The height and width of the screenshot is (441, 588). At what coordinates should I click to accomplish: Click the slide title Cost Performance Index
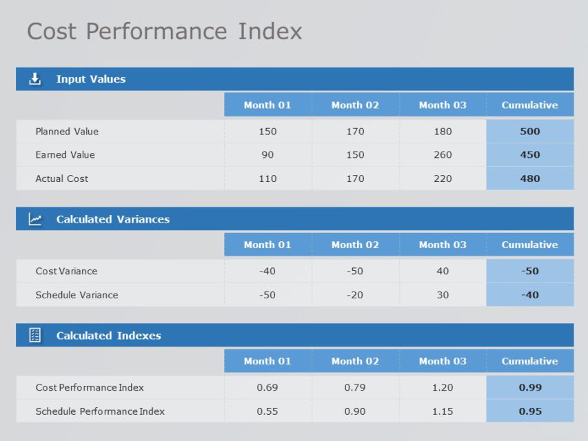(164, 31)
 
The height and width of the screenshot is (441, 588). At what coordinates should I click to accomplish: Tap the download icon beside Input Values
(35, 79)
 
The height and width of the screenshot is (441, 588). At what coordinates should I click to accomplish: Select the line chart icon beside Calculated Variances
(35, 219)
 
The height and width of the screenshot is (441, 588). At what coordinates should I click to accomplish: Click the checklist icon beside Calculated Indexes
(35, 336)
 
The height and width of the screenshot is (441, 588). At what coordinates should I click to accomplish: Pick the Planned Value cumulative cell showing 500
(529, 132)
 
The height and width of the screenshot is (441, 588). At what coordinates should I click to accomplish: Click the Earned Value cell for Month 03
(443, 155)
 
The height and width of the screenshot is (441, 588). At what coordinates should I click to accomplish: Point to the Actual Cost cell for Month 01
(267, 178)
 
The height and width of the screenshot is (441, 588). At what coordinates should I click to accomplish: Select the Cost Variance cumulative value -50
(529, 271)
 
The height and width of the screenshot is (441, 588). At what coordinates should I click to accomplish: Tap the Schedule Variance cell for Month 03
(443, 295)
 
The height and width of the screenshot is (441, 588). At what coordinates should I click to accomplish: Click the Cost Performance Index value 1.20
(443, 387)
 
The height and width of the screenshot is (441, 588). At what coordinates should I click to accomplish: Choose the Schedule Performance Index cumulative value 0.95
(529, 411)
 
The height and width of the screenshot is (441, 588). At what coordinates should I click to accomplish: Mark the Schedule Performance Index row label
(100, 411)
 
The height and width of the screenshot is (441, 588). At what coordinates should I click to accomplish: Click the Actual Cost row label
(62, 178)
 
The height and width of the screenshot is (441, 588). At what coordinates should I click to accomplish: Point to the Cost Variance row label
(66, 271)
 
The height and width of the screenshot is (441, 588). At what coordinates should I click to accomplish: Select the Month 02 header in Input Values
(355, 105)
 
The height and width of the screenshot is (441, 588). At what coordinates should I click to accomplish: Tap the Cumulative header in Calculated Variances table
(529, 245)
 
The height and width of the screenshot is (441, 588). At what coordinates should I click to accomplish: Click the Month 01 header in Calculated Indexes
(267, 361)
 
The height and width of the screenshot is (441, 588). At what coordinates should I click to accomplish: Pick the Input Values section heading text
(91, 79)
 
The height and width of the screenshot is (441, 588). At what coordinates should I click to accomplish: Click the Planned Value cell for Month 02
(355, 132)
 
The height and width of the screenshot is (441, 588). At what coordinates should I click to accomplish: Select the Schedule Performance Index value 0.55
(267, 411)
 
